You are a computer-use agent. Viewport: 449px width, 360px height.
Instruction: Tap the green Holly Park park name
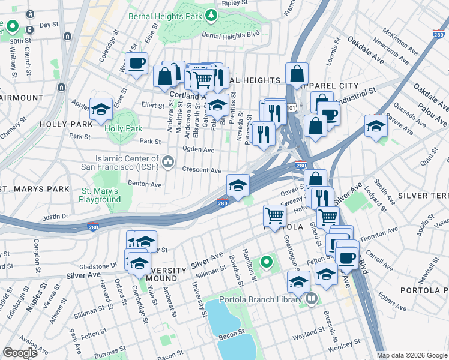pos(123,128)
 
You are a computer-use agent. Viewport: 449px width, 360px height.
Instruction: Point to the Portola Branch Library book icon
pos(311,298)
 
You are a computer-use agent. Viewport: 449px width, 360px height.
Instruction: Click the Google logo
pos(20,352)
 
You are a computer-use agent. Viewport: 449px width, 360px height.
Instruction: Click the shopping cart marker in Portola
pos(274,215)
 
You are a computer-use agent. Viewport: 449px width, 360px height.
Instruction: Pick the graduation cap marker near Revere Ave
pos(376,125)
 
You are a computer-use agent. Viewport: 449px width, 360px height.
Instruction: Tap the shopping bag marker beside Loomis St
pos(297,74)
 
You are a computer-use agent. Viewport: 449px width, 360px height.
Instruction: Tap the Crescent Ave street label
pos(202,170)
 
